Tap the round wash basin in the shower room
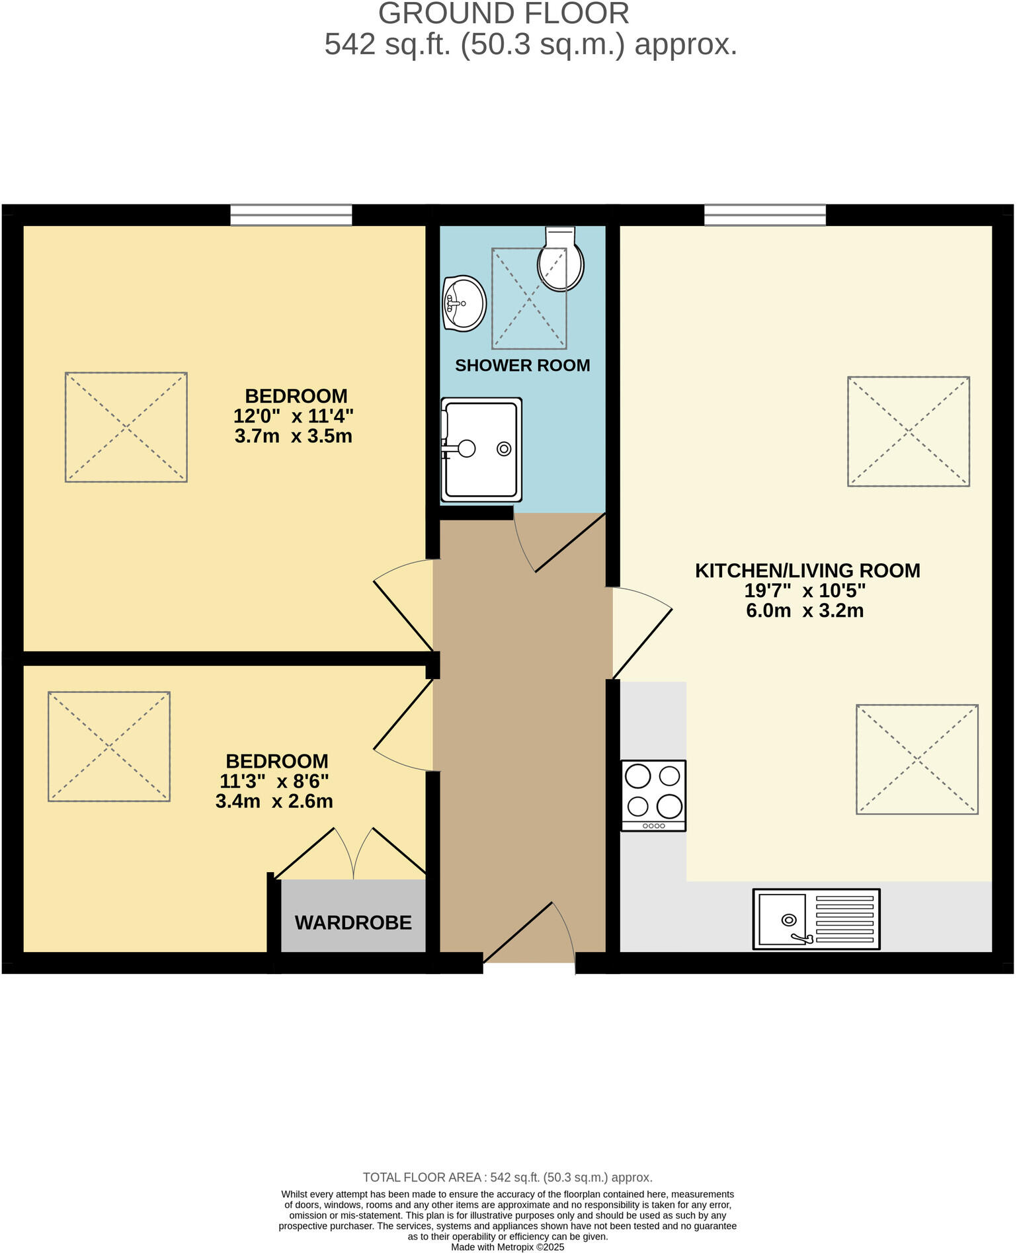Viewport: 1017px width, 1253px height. pos(464,303)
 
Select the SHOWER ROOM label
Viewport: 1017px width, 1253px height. pos(522,366)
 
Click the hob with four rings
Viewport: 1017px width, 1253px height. pos(653,795)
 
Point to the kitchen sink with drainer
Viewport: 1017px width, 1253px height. pos(816,919)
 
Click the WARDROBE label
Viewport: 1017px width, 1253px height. pos(353,922)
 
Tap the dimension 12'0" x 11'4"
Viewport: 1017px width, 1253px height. pos(293,417)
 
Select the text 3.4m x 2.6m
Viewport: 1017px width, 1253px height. pos(274,802)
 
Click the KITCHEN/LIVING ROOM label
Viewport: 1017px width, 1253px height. pos(807,571)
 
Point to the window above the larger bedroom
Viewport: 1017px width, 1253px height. pos(291,215)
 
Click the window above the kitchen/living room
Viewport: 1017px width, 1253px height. pos(765,215)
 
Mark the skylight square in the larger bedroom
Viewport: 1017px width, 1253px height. pos(126,427)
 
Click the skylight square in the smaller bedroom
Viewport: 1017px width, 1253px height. pos(109,747)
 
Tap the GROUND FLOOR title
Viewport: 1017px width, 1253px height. pos(503,14)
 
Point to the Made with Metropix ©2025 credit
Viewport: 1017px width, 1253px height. pos(507,1247)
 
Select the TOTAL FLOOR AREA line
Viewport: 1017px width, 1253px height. pos(507,1177)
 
